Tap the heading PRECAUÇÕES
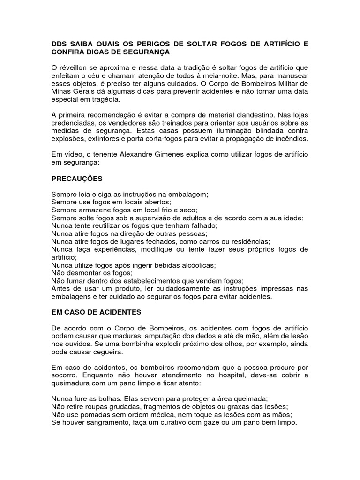tap(77, 179)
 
